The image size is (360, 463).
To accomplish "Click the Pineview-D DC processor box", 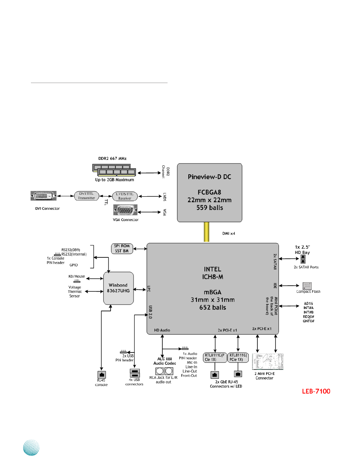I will (x=209, y=192).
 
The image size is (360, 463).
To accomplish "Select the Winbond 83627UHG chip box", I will (x=119, y=288).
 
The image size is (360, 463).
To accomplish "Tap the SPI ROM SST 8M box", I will (x=122, y=249).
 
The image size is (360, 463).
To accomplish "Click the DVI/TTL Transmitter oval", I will (x=87, y=195).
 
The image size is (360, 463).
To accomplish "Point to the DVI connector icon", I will (x=43, y=196).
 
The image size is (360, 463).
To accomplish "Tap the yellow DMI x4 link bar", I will (x=207, y=232).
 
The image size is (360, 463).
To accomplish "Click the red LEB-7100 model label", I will (x=316, y=391).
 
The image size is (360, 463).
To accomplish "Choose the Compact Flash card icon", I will (x=307, y=286).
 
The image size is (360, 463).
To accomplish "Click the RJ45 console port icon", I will (x=102, y=375).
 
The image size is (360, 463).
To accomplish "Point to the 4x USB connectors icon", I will (x=135, y=373).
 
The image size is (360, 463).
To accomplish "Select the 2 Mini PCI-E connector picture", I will (x=268, y=362).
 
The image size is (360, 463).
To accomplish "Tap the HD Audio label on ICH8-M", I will (x=162, y=330).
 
